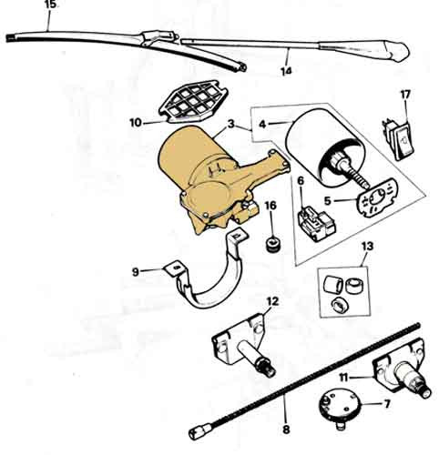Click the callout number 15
(x=50, y=5)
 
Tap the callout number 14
(x=286, y=71)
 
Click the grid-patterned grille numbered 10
(x=193, y=102)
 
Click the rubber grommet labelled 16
(x=273, y=243)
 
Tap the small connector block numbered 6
(x=317, y=224)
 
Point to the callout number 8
(x=286, y=429)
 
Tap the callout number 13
(x=367, y=247)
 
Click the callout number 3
(x=231, y=124)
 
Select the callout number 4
(x=262, y=124)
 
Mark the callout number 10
(x=136, y=123)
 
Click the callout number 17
(x=405, y=95)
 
